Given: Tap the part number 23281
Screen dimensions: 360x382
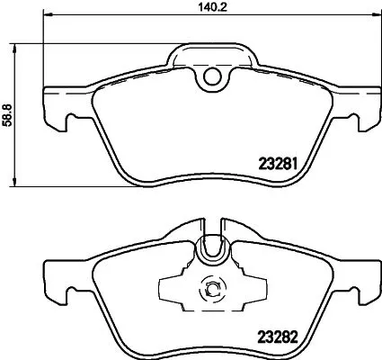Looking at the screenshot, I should [277, 164].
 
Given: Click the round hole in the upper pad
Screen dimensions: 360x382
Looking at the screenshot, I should [213, 79].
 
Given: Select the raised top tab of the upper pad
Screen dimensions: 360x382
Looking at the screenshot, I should [213, 52].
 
